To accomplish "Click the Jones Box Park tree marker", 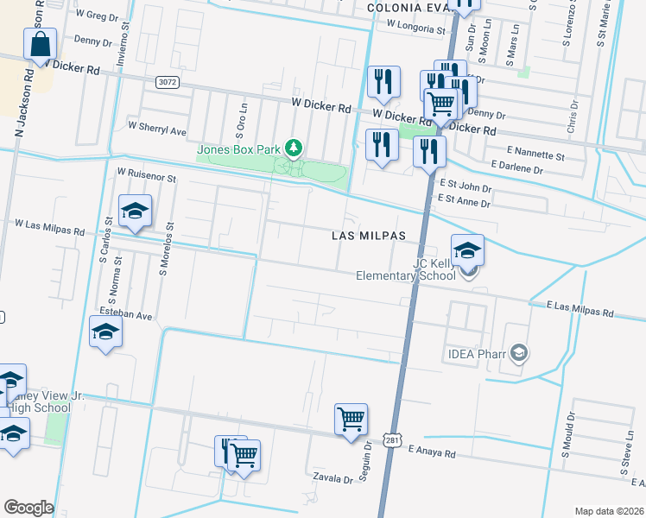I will tap(294, 148).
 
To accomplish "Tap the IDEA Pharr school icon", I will tap(518, 352).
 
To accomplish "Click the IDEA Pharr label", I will tap(476, 353).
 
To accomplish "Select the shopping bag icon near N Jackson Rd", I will tap(41, 44).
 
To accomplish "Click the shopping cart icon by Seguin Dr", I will tap(351, 420).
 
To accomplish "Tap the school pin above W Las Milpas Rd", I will tap(135, 212).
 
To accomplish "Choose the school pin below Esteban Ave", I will tap(105, 332).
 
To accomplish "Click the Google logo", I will tap(28, 508).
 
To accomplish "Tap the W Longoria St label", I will tap(415, 25).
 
